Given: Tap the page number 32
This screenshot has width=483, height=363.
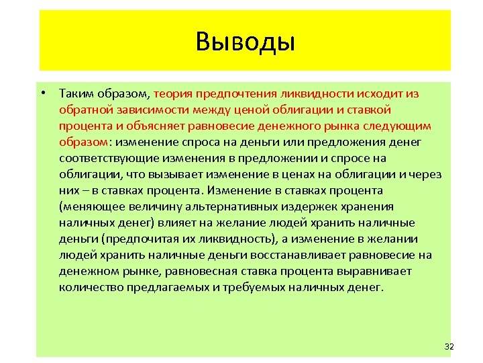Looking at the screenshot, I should coord(449,346).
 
